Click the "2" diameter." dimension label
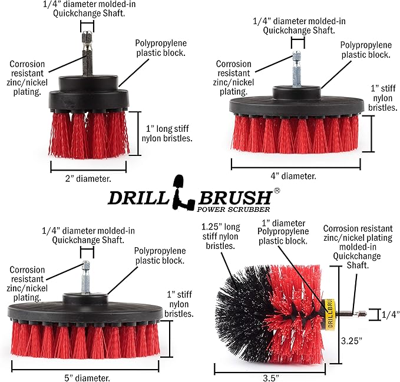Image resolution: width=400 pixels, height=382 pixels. click(x=88, y=177)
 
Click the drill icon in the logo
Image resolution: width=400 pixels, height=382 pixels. click(x=178, y=193)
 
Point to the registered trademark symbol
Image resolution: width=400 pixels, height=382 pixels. click(x=277, y=191)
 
